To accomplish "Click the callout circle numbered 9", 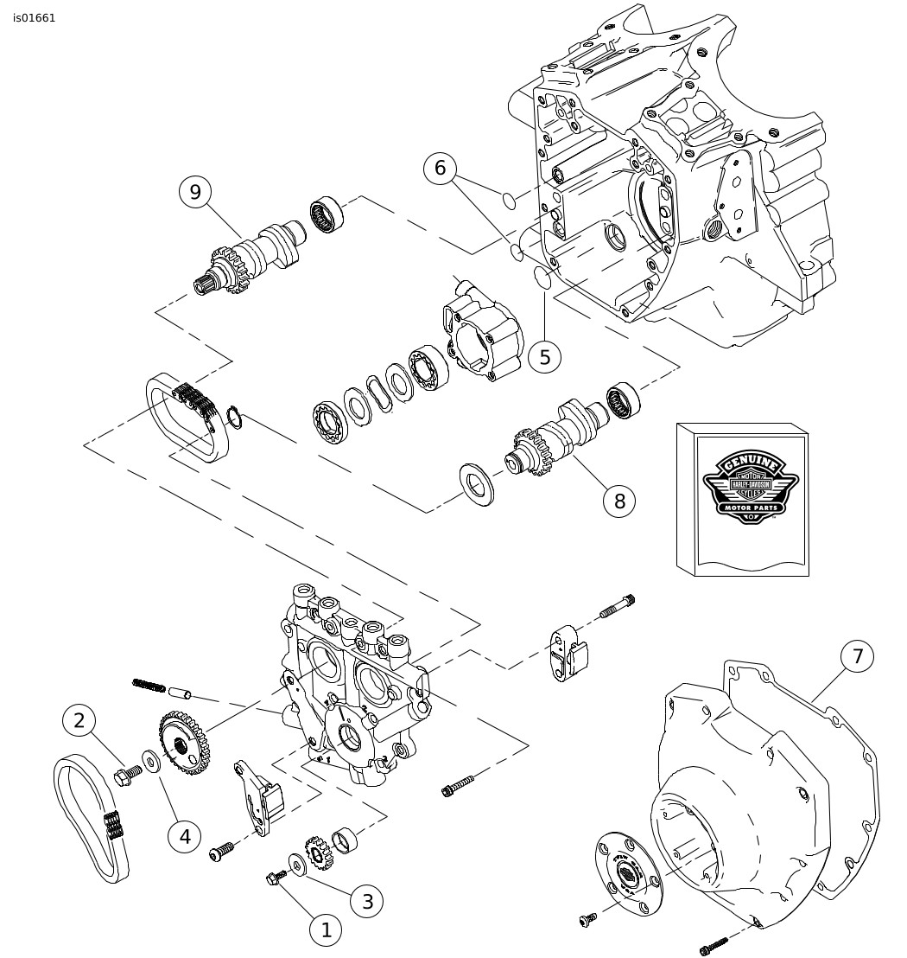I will (x=195, y=192).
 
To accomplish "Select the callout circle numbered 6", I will (x=440, y=168).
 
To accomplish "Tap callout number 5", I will (x=544, y=357).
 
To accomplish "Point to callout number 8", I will (x=619, y=501).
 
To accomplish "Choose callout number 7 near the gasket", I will (x=857, y=657).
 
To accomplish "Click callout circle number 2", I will (x=79, y=720).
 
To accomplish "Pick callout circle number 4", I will (x=184, y=835).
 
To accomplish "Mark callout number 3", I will (x=367, y=901).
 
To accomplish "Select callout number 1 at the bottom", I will (x=326, y=930).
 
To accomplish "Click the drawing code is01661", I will (x=35, y=18).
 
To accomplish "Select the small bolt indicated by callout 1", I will (x=275, y=878).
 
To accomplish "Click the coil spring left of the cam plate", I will (x=149, y=686).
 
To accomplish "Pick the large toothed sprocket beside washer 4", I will (x=184, y=742).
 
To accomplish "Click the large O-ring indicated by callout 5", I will (x=542, y=277).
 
